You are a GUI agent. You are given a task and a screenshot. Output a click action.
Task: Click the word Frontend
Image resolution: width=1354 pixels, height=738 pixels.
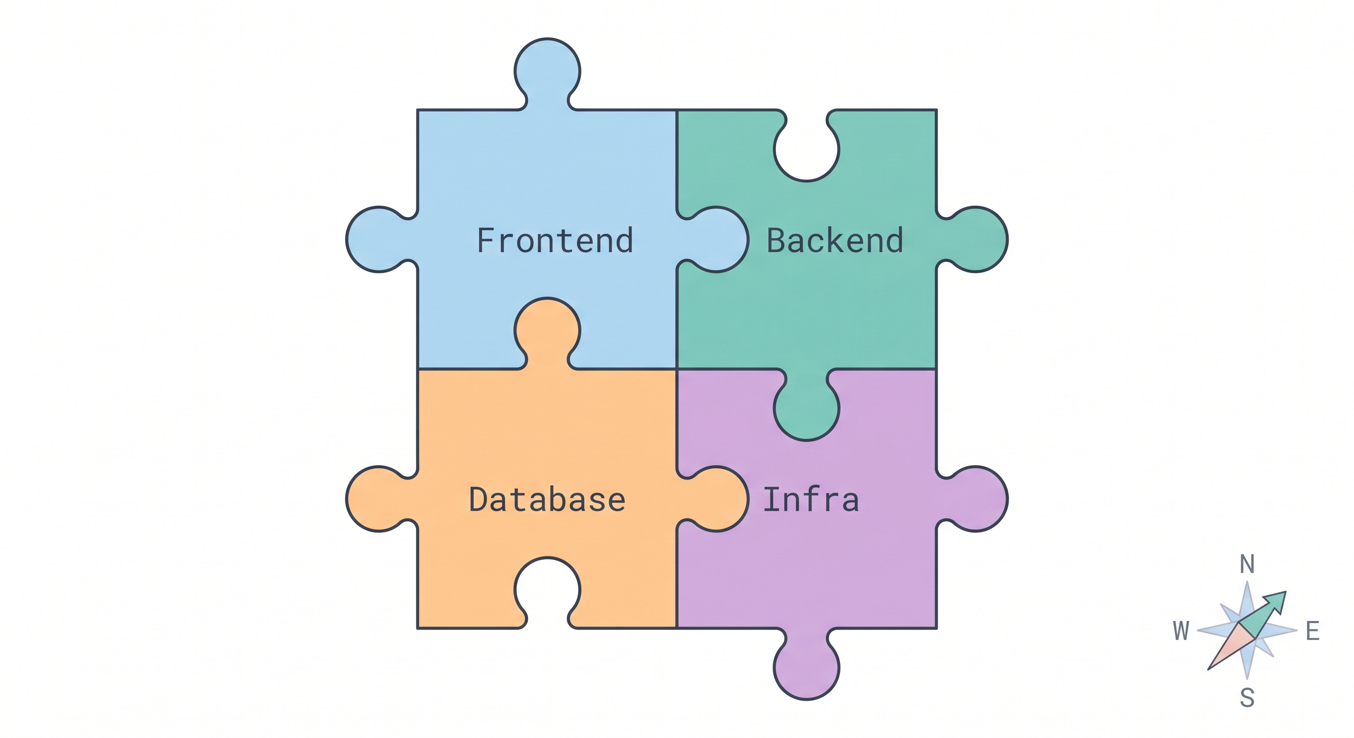[554, 241]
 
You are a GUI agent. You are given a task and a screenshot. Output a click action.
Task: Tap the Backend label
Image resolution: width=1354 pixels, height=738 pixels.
[835, 241]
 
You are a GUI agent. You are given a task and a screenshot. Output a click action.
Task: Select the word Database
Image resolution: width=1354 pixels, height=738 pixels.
[547, 500]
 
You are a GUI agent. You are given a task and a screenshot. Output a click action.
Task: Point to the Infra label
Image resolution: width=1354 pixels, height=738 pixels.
[811, 500]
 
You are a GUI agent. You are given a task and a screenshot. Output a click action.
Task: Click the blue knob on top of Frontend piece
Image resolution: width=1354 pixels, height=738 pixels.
[547, 71]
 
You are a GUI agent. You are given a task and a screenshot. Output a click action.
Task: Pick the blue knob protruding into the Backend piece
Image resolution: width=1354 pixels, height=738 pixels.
[716, 240]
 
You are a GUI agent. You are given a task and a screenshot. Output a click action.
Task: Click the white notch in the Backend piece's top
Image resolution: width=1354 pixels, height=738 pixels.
[806, 150]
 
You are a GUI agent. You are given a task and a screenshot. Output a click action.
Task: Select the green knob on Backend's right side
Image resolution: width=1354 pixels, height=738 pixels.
[976, 240]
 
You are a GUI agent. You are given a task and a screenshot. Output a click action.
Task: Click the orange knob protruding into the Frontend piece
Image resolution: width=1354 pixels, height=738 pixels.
[547, 331]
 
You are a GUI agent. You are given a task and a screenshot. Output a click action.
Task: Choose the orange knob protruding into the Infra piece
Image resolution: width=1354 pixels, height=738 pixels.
[716, 499]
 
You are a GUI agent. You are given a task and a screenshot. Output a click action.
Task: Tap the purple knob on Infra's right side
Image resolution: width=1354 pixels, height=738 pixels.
[976, 499]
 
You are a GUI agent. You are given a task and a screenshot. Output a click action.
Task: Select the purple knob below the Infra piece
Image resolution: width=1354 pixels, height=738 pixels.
[806, 668]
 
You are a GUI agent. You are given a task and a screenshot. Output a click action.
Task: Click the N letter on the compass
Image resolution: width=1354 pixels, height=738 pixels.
[1247, 564]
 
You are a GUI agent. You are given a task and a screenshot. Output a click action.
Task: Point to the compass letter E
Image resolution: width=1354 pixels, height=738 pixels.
[1313, 631]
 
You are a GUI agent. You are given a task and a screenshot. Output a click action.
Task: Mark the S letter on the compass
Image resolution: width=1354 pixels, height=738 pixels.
[1247, 698]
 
